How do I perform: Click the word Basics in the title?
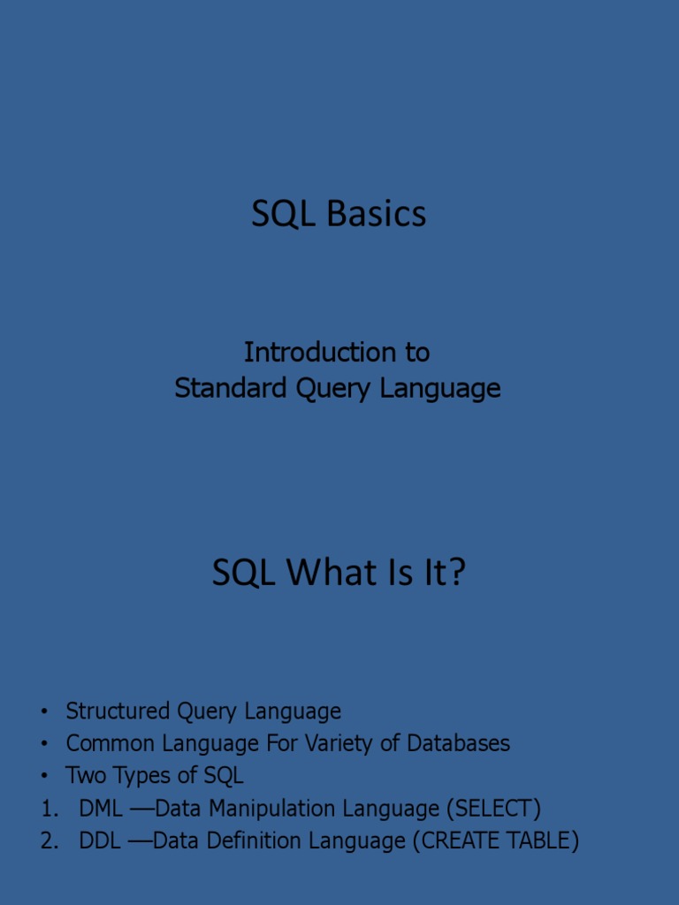pyautogui.click(x=376, y=214)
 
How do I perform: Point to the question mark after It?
pyautogui.click(x=456, y=573)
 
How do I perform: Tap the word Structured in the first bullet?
pyautogui.click(x=118, y=711)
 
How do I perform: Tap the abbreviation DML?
pyautogui.click(x=101, y=809)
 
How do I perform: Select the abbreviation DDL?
pyautogui.click(x=100, y=840)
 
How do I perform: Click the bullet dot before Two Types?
pyautogui.click(x=42, y=776)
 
